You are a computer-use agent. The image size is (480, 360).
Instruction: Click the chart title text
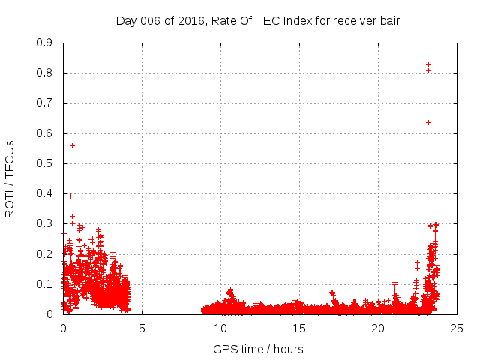coord(258,20)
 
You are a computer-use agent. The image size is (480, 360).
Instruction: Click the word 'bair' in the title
coord(388,20)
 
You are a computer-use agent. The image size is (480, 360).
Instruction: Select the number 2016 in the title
coord(189,20)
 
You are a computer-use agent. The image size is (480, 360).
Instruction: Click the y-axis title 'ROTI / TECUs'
coord(10,178)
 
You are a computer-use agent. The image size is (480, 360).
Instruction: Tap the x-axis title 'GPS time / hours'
coord(258,349)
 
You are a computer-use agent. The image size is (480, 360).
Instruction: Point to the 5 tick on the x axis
coord(142,328)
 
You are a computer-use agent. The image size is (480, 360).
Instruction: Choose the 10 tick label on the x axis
coord(220,328)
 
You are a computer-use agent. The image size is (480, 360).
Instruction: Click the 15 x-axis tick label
coord(299,328)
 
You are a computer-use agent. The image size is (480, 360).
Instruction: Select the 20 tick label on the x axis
coord(378,328)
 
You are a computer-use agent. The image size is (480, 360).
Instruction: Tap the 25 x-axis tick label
coord(457,328)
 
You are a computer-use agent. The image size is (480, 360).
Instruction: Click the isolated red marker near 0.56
coord(72,145)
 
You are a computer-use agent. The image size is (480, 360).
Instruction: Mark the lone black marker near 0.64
coord(428,122)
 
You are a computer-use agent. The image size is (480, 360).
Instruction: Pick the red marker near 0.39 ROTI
coord(70,196)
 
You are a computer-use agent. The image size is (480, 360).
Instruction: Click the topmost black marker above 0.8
coord(428,64)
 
